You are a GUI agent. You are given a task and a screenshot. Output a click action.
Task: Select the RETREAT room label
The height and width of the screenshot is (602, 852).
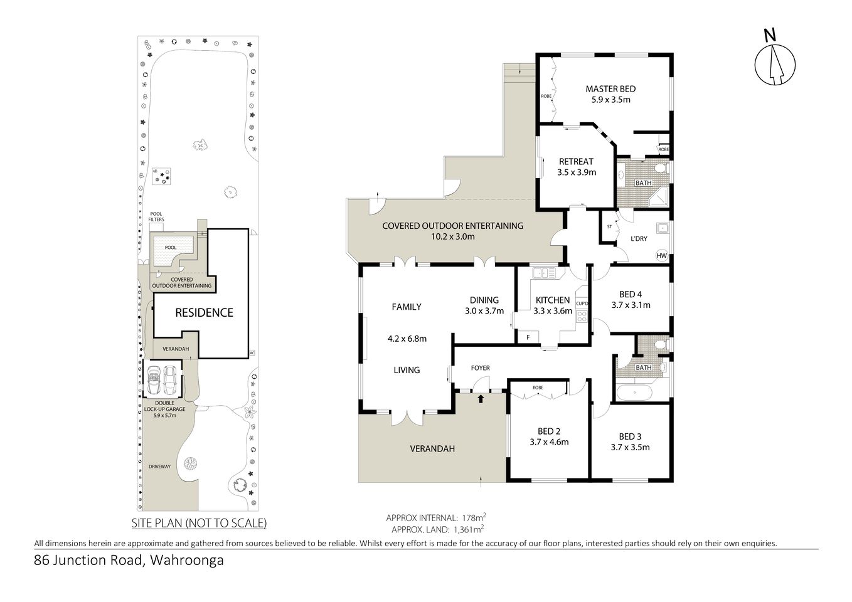(x=576, y=161)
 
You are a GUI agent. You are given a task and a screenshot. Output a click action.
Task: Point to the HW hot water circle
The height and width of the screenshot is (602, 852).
(x=661, y=255)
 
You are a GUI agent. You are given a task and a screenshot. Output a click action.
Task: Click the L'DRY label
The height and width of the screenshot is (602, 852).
(x=639, y=239)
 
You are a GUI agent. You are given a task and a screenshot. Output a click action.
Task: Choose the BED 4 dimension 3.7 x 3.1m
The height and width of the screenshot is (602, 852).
(x=631, y=305)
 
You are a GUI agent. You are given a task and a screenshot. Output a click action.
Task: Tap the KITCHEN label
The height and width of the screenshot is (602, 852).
(x=552, y=300)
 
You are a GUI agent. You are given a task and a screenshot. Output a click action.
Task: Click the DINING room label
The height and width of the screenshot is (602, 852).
(x=484, y=300)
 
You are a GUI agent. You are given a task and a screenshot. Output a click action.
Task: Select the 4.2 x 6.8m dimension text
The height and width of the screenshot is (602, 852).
(x=407, y=339)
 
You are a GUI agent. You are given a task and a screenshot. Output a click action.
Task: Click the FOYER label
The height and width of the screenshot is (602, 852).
(x=480, y=368)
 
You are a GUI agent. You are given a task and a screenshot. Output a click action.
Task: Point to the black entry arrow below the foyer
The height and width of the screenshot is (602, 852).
(x=481, y=398)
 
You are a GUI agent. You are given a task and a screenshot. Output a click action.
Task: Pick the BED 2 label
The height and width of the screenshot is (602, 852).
(x=549, y=431)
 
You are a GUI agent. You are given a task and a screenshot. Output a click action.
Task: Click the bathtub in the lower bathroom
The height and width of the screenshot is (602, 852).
(x=634, y=394)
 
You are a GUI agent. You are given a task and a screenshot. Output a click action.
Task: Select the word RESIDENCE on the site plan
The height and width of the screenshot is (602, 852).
(x=204, y=312)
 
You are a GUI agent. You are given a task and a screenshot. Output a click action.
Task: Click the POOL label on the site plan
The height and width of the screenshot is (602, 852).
(x=171, y=247)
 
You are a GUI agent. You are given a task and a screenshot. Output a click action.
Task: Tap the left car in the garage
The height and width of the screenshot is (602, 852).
(x=154, y=378)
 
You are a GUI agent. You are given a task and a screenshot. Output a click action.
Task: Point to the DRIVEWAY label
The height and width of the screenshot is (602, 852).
(x=159, y=467)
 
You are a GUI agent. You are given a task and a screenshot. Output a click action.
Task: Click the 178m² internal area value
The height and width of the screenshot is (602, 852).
(x=474, y=517)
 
